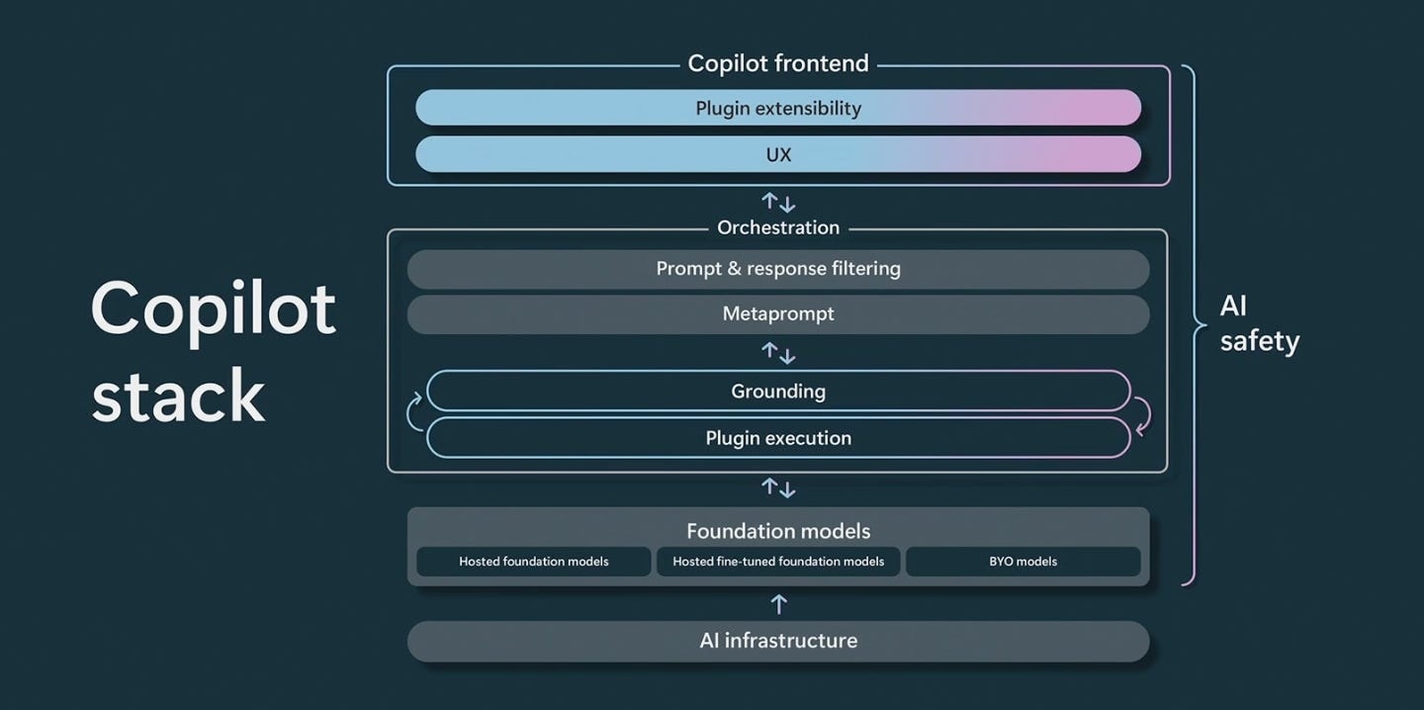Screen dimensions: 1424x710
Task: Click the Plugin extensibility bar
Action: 778,108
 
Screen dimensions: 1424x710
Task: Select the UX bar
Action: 778,154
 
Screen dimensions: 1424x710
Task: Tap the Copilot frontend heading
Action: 778,63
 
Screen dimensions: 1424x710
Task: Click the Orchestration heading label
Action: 778,227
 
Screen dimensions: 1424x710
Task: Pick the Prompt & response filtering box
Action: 778,269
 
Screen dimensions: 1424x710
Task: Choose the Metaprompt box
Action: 778,314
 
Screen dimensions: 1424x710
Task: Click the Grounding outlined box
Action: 778,391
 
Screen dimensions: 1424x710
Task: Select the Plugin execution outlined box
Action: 778,438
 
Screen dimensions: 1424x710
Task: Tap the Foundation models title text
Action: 778,531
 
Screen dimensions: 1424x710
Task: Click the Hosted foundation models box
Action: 533,562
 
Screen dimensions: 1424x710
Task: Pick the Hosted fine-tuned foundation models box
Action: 778,562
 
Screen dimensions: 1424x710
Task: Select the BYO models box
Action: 1023,562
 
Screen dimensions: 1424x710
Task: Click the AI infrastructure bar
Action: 778,642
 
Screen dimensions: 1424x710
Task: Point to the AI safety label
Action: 1260,324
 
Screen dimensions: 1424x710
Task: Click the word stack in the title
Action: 178,396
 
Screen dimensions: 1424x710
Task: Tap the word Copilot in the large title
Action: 213,311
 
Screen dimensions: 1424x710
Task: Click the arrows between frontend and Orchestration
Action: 778,202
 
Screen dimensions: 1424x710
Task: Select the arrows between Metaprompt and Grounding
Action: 778,353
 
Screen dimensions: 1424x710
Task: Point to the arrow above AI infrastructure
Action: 779,604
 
